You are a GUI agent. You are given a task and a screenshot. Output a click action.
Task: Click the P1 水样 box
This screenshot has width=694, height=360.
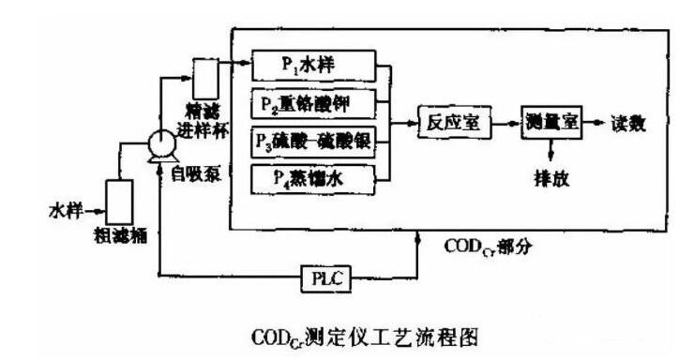point(313,65)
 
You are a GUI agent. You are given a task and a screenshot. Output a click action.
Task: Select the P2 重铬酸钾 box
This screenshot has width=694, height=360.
point(313,101)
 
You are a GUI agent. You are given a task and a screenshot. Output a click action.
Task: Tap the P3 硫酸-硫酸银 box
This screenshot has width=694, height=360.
point(313,139)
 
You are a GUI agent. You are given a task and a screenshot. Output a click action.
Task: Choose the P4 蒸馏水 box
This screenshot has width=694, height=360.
point(313,176)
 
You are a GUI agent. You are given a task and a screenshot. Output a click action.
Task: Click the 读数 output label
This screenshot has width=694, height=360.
point(627,123)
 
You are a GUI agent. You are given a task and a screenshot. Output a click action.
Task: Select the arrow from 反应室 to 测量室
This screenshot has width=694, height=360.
point(502,123)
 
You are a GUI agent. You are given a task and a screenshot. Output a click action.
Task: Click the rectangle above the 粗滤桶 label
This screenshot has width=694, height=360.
point(120,199)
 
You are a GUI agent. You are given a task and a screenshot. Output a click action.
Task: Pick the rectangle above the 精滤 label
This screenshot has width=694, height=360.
point(205,77)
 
